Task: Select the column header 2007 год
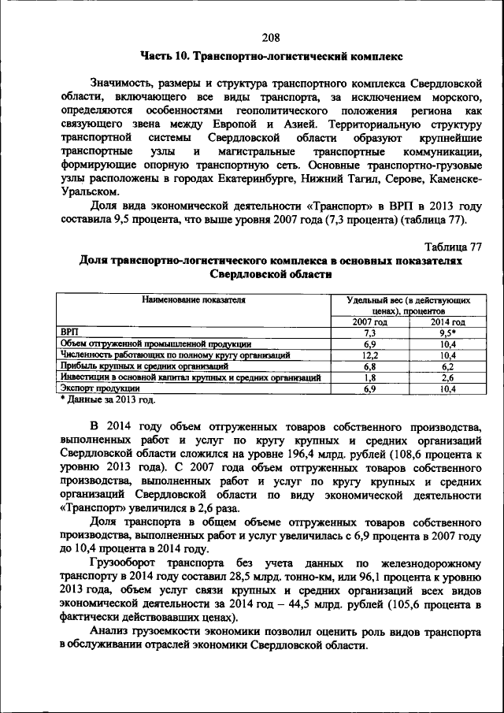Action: click(369, 322)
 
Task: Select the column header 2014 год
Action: click(447, 322)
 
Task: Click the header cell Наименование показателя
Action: click(194, 300)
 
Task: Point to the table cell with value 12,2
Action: click(369, 355)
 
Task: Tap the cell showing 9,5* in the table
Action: click(447, 333)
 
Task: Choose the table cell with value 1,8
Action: click(369, 377)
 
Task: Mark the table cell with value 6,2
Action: click(447, 366)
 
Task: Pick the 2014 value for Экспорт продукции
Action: click(447, 388)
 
